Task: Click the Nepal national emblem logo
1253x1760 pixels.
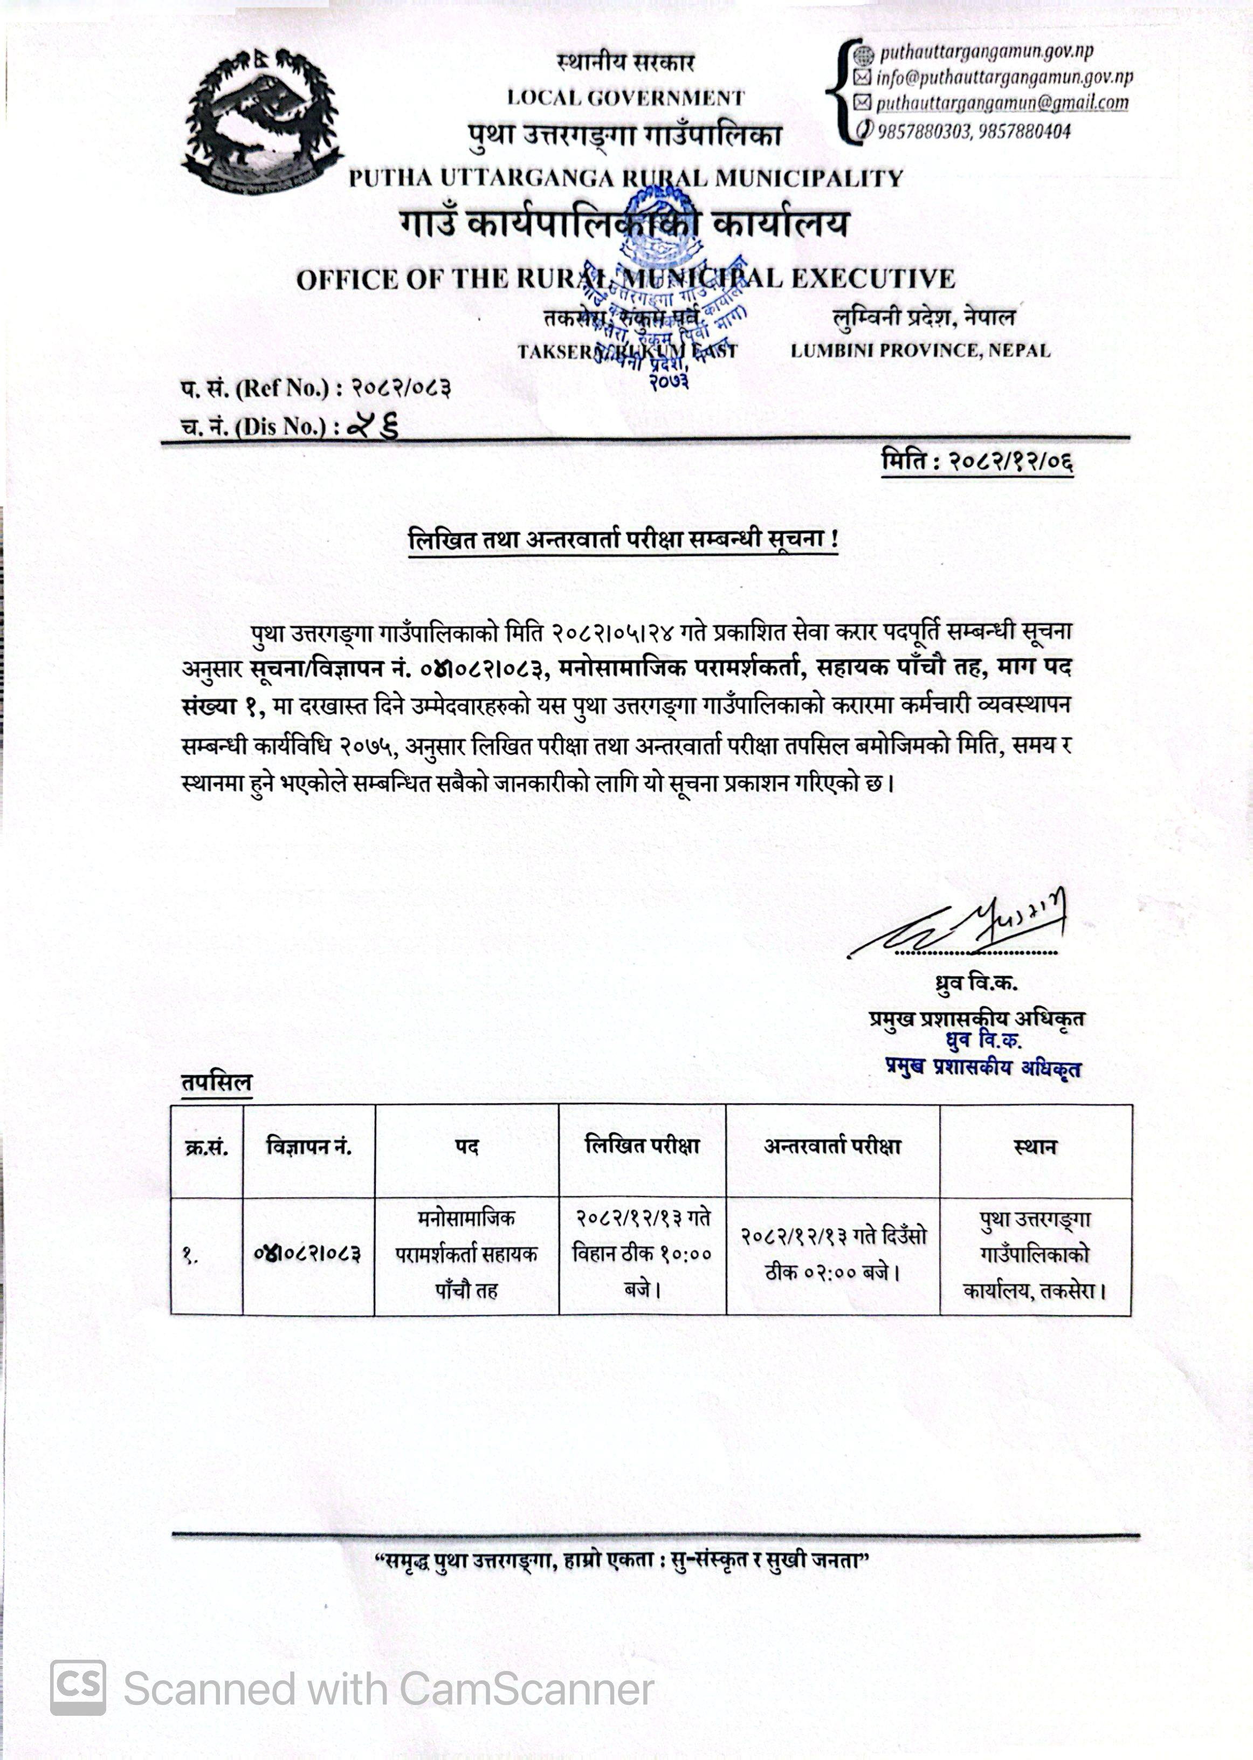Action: pos(263,122)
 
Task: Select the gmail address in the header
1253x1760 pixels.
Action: pos(1001,102)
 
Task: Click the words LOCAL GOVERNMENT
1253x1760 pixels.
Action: pos(625,98)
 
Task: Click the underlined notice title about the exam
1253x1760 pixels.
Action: pos(623,539)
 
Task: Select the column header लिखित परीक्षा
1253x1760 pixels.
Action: pos(642,1146)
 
